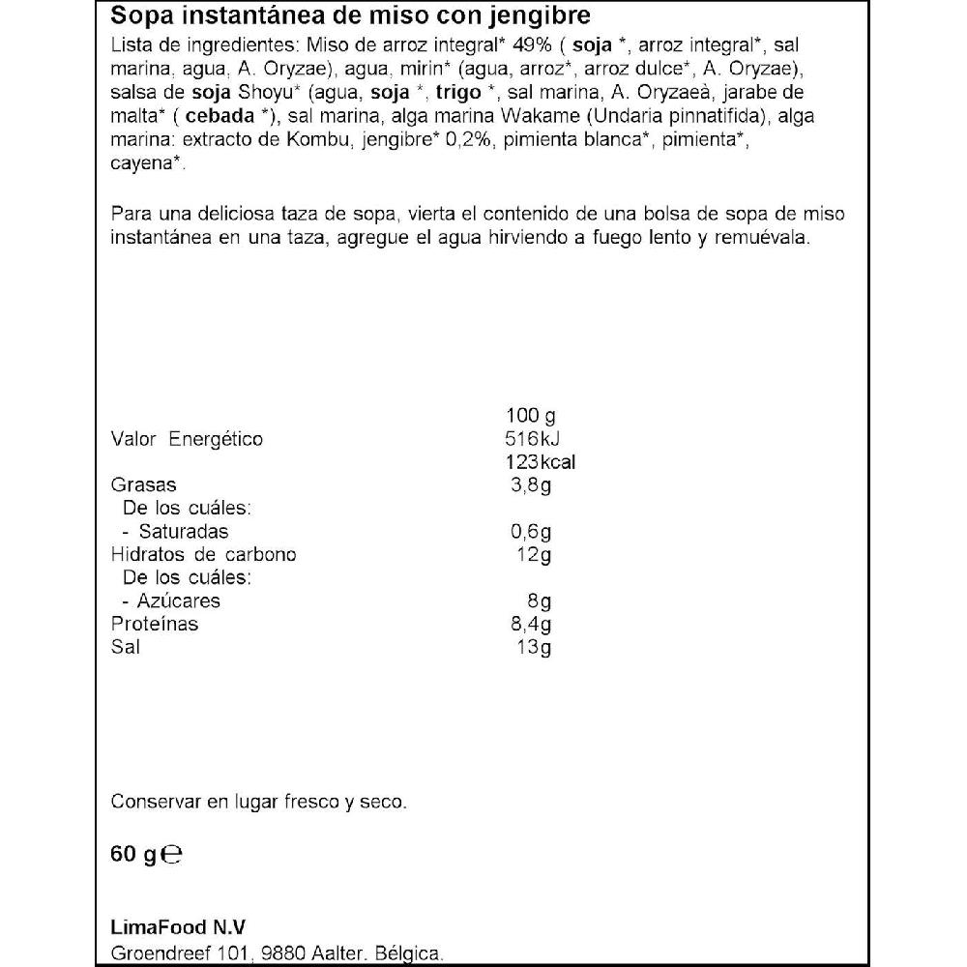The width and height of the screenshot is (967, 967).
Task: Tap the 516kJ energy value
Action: pos(526,440)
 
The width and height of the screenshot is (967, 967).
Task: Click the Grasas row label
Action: pos(144,485)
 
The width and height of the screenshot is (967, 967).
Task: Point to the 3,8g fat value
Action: pos(530,485)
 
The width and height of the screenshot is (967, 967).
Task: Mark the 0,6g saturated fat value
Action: pos(531,532)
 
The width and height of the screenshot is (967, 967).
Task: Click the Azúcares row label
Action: pos(179,601)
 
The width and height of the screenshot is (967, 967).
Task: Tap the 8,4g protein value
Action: pos(530,624)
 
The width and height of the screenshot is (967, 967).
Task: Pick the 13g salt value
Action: pos(534,647)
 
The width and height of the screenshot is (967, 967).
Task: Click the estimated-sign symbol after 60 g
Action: pos(172,855)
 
